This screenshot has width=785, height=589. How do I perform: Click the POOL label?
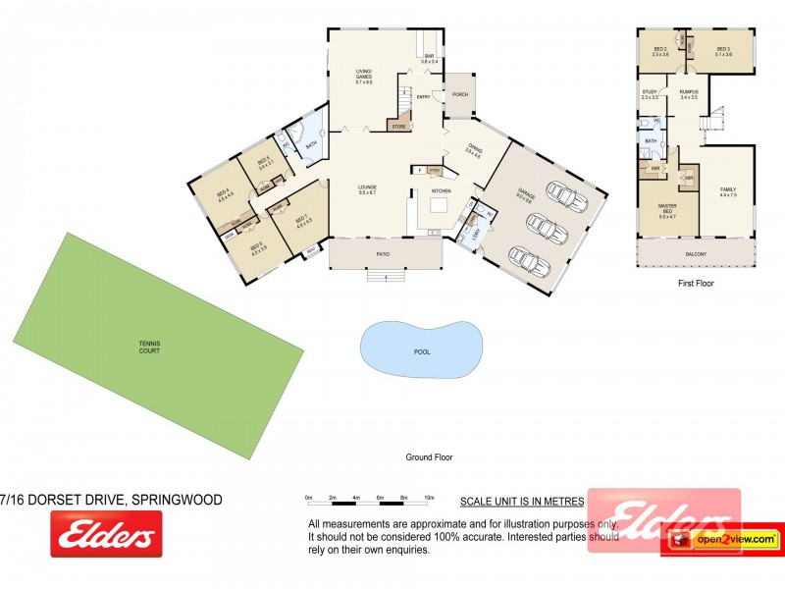click(x=422, y=351)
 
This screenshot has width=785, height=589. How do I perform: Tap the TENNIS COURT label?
click(x=148, y=346)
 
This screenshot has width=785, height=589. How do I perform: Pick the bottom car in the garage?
click(x=530, y=262)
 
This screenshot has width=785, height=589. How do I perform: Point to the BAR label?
click(x=429, y=58)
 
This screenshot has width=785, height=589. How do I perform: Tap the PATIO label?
click(x=384, y=255)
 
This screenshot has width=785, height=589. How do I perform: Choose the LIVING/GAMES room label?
click(x=364, y=75)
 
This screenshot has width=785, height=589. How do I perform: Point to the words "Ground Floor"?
click(x=429, y=457)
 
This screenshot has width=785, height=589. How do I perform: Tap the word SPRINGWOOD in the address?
click(x=177, y=500)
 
